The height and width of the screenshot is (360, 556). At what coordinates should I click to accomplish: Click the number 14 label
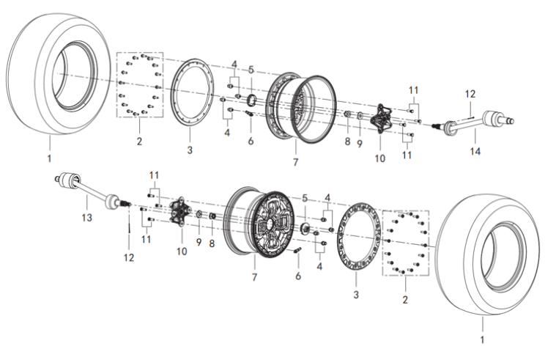click(x=475, y=151)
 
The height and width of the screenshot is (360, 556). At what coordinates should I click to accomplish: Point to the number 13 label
click(x=87, y=217)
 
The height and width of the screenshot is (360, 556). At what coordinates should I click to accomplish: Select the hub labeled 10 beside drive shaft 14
click(x=380, y=118)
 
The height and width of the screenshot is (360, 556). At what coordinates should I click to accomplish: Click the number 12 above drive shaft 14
click(x=470, y=94)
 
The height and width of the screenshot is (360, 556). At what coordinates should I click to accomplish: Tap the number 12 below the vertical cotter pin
click(x=129, y=258)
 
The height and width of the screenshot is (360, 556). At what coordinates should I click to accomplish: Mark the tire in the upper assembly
click(x=58, y=74)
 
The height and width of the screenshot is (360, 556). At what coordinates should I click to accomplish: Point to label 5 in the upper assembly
click(x=251, y=70)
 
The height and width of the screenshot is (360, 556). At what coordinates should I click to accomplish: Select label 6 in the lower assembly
click(x=298, y=276)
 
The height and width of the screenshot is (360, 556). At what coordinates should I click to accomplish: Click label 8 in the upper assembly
click(x=347, y=142)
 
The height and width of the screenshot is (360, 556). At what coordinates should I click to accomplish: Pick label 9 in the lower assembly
click(x=199, y=243)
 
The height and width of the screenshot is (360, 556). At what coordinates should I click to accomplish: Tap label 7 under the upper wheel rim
click(x=295, y=162)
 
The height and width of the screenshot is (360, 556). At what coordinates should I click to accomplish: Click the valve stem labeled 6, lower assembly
click(x=297, y=250)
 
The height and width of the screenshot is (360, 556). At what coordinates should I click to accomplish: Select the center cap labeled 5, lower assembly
click(x=305, y=228)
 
